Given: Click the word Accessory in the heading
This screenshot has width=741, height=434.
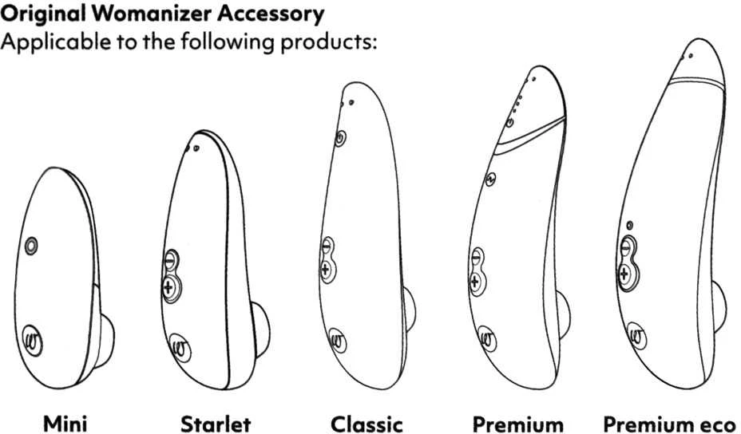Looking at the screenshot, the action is coord(271,14).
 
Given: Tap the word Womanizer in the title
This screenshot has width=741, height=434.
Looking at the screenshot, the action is coord(151,14).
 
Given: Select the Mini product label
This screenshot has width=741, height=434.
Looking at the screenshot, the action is coord(65,423).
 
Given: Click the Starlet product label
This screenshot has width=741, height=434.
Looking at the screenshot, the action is coord(216,424).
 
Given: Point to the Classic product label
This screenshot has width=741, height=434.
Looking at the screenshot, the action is coord(367,424).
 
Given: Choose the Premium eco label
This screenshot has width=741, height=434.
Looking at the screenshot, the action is coord(670,424).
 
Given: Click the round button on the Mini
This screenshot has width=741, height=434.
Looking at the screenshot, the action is coord(31,246).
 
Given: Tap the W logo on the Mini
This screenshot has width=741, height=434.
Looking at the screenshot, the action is coord(33,341).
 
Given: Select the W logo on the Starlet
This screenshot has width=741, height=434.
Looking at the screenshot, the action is coord(180,349).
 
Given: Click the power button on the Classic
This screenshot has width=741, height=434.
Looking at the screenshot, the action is coord(340,139).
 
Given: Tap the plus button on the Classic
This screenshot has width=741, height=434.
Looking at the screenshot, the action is coord(326,269).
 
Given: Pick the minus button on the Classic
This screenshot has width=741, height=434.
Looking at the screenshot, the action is coord(327,247).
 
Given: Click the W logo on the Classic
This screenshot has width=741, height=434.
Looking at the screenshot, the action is coord(338,341).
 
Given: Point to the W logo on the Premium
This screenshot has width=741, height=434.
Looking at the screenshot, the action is coord(486,338).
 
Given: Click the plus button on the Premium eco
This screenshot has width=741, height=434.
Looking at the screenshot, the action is coord(624,273).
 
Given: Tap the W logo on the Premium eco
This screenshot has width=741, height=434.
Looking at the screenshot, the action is coord(636,336).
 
